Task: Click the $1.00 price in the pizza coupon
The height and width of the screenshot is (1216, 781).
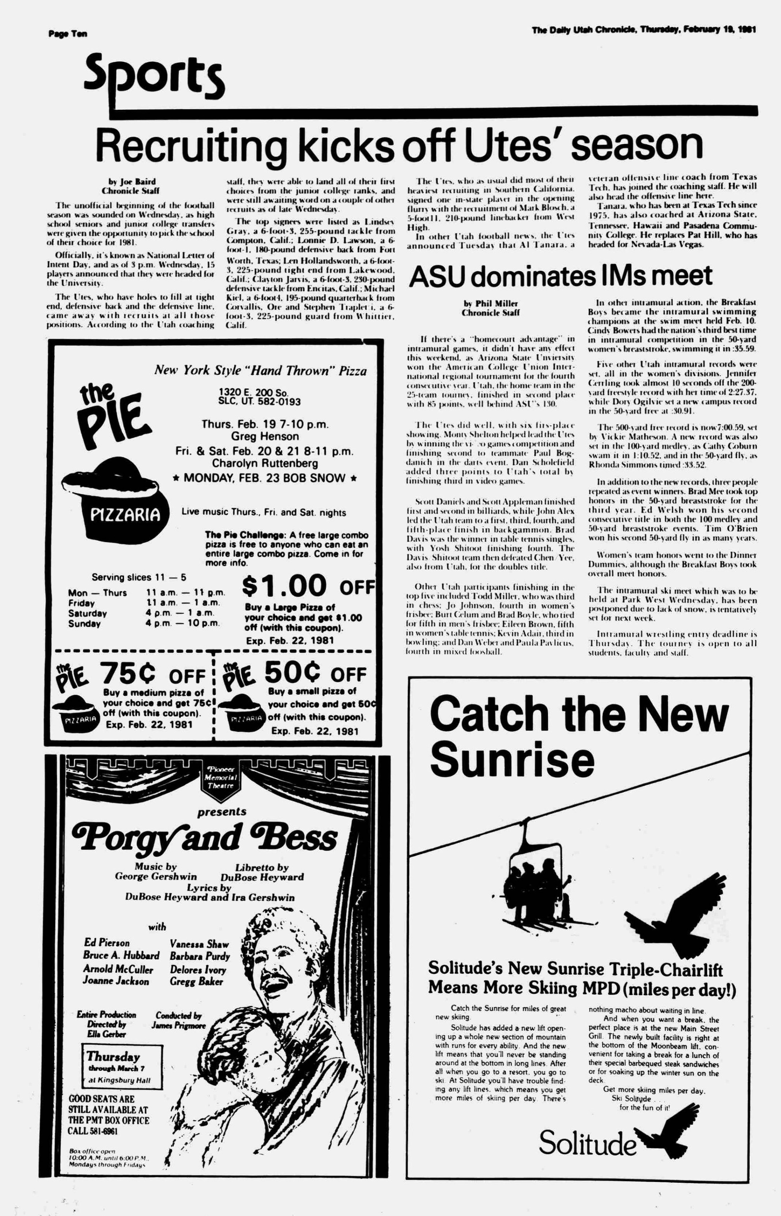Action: pyautogui.click(x=284, y=585)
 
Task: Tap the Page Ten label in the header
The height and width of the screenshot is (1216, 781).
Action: pyautogui.click(x=68, y=34)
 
